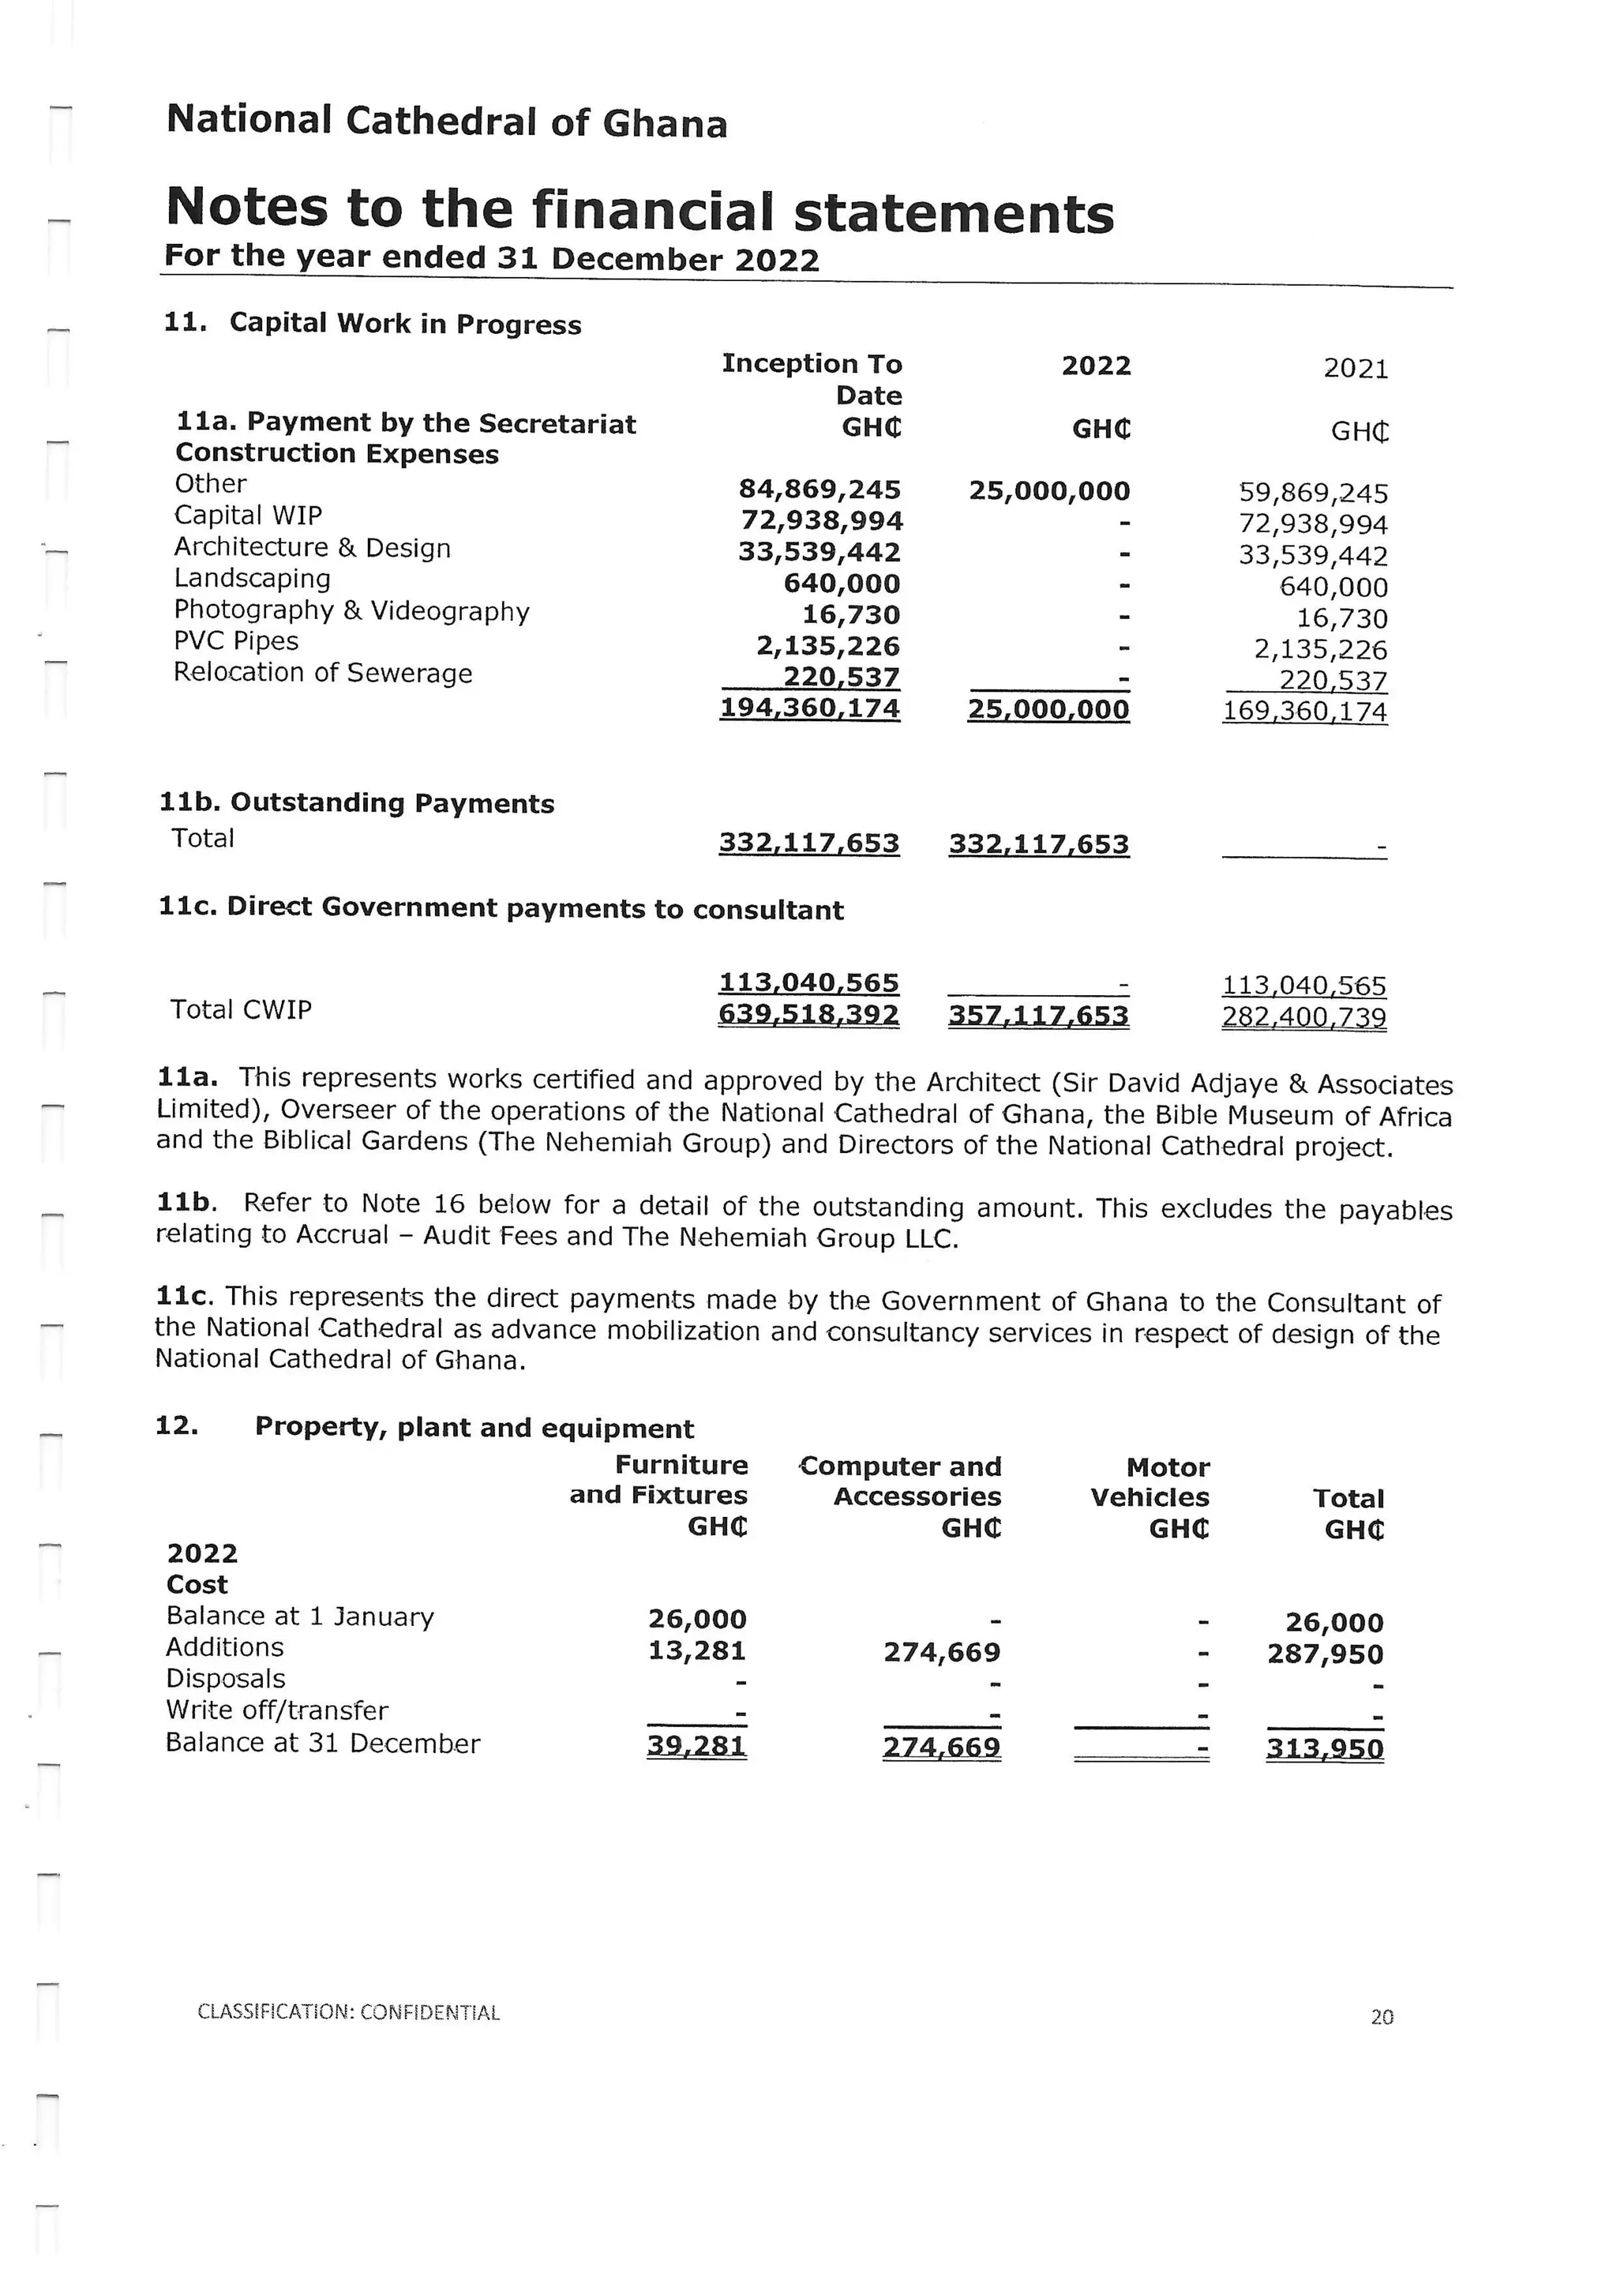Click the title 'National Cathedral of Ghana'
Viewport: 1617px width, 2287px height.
coord(446,122)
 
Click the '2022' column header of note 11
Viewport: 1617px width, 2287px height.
coord(1095,366)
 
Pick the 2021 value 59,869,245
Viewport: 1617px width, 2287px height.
coord(1312,493)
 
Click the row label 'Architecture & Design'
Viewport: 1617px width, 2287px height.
coord(312,548)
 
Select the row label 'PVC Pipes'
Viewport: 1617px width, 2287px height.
coord(236,640)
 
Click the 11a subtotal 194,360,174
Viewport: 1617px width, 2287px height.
coord(809,708)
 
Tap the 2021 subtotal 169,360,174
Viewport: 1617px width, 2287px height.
coord(1304,712)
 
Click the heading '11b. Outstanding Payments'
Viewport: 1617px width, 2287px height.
coord(356,803)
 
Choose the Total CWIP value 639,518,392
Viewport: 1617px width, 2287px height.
coord(808,1015)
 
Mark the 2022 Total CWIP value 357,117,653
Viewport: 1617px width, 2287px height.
coord(1038,1016)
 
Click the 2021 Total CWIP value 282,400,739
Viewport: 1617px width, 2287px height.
coord(1304,1018)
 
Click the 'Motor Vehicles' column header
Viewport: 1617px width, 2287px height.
coord(1150,1482)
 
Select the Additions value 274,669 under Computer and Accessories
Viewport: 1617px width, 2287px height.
coord(941,1653)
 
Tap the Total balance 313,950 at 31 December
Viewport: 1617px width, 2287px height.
coord(1324,1749)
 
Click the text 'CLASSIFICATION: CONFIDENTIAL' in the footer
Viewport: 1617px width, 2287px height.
coord(348,2012)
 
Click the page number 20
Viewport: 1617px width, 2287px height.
coord(1381,2017)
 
